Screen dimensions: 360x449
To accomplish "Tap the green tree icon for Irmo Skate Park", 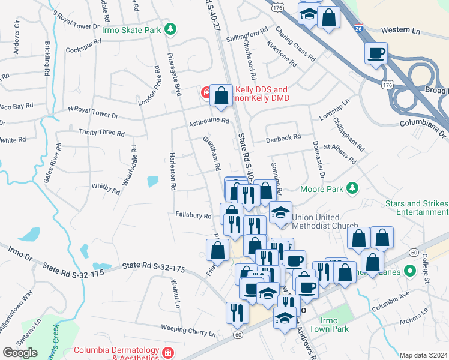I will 171,29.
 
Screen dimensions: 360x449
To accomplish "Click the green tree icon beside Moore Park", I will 353,189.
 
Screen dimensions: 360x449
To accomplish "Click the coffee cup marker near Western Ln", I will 376,53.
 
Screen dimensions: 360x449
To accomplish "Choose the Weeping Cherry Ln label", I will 188,330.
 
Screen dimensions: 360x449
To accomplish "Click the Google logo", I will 20,353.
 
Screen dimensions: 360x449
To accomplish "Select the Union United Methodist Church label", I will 324,221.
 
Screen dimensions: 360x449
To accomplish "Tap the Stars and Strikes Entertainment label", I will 417,208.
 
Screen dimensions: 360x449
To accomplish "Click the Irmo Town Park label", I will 334,325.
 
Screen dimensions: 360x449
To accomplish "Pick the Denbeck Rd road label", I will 284,138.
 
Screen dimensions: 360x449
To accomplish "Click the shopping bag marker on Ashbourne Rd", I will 221,95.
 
